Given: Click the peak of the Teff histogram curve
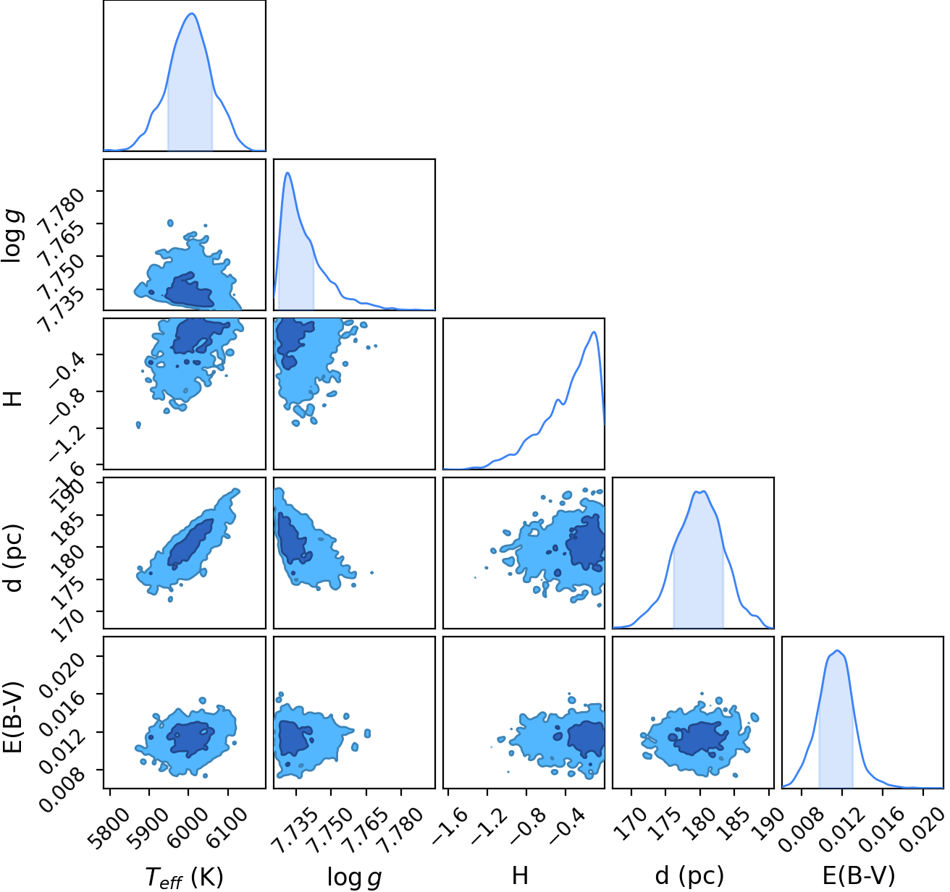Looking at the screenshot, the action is point(192,14).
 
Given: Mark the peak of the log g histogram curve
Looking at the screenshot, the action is point(287,173).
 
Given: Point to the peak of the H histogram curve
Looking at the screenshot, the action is point(594,332).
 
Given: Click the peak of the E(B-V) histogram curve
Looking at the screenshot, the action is point(837,650).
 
